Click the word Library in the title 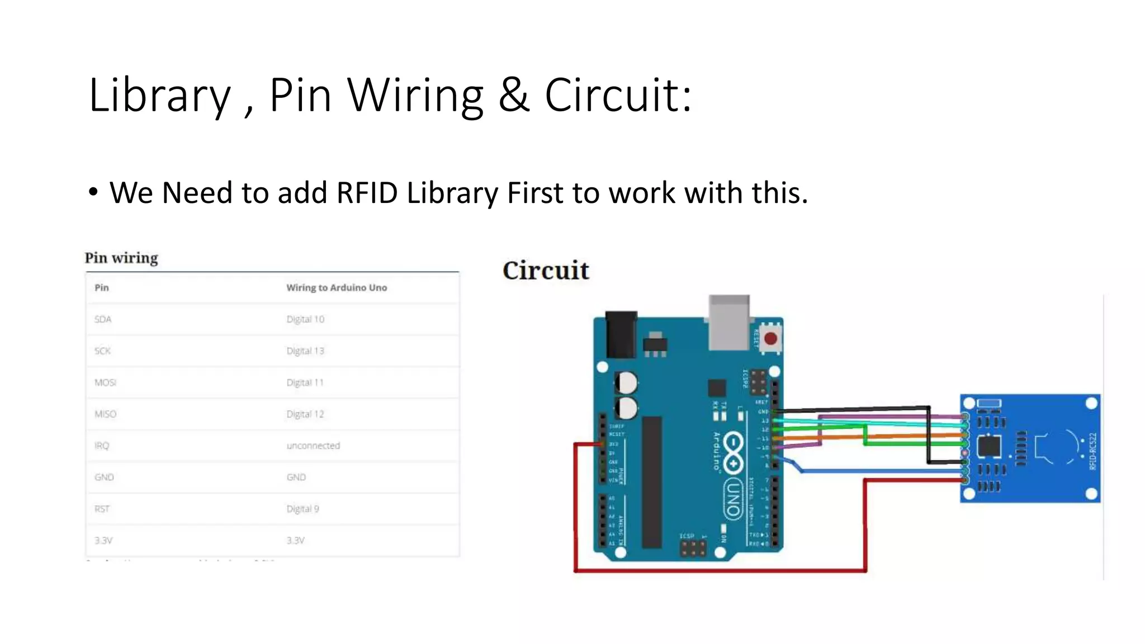point(159,95)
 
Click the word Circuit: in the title point(618,95)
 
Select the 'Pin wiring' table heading point(121,258)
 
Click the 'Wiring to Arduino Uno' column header point(337,287)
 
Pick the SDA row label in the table point(103,319)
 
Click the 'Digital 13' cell point(305,351)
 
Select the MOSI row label point(105,382)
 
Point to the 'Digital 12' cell point(305,414)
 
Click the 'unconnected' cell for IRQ point(313,446)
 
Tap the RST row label point(102,509)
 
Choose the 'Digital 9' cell point(302,509)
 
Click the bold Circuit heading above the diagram point(546,271)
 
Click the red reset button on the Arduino point(770,339)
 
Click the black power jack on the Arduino point(621,334)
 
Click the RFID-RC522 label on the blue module point(1093,451)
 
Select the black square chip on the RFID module point(988,447)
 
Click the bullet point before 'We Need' point(93,192)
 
